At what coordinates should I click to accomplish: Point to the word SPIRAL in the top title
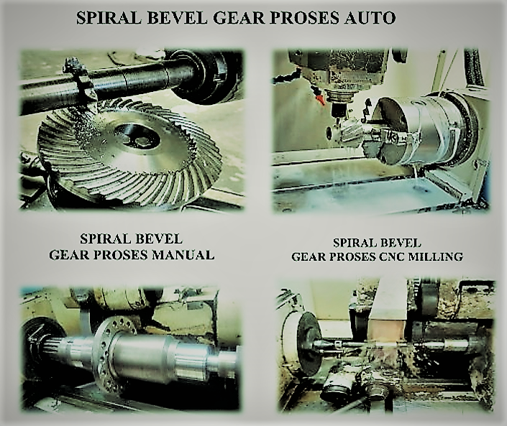109,18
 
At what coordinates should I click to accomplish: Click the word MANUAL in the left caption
183,255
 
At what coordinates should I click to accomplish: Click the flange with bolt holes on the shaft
106,355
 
